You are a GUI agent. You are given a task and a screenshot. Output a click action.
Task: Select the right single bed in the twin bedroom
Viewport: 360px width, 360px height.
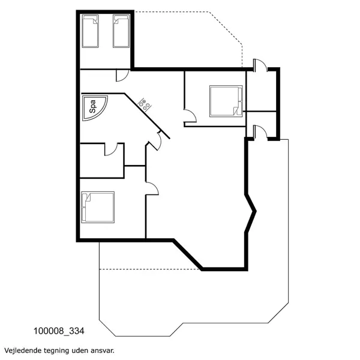pos(121,31)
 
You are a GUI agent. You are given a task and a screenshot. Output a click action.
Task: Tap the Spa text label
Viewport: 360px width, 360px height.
pos(92,107)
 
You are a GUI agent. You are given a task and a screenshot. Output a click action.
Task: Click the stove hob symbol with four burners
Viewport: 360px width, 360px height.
pos(144,103)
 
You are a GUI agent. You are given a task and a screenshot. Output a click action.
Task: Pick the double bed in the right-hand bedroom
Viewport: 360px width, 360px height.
pos(226,100)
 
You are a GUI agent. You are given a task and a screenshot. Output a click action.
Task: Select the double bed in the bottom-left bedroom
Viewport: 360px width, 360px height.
pos(98,206)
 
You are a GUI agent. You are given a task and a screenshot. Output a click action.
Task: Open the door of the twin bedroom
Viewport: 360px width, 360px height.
pos(122,76)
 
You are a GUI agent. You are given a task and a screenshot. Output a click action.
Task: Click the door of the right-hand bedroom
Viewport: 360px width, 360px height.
pos(189,116)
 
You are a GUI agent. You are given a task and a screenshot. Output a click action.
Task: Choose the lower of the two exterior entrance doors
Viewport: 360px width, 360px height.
pos(259,131)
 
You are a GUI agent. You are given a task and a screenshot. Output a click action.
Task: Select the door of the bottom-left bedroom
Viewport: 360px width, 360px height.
pos(151,189)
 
